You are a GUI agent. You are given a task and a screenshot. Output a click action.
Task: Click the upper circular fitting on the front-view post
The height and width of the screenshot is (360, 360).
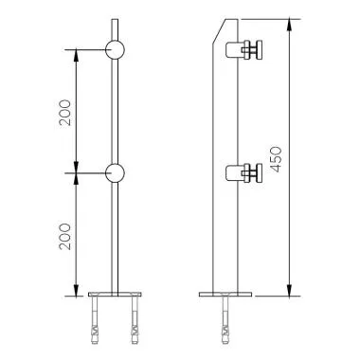[115, 48]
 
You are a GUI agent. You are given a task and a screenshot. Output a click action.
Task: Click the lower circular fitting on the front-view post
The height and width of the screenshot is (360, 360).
[115, 172]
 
